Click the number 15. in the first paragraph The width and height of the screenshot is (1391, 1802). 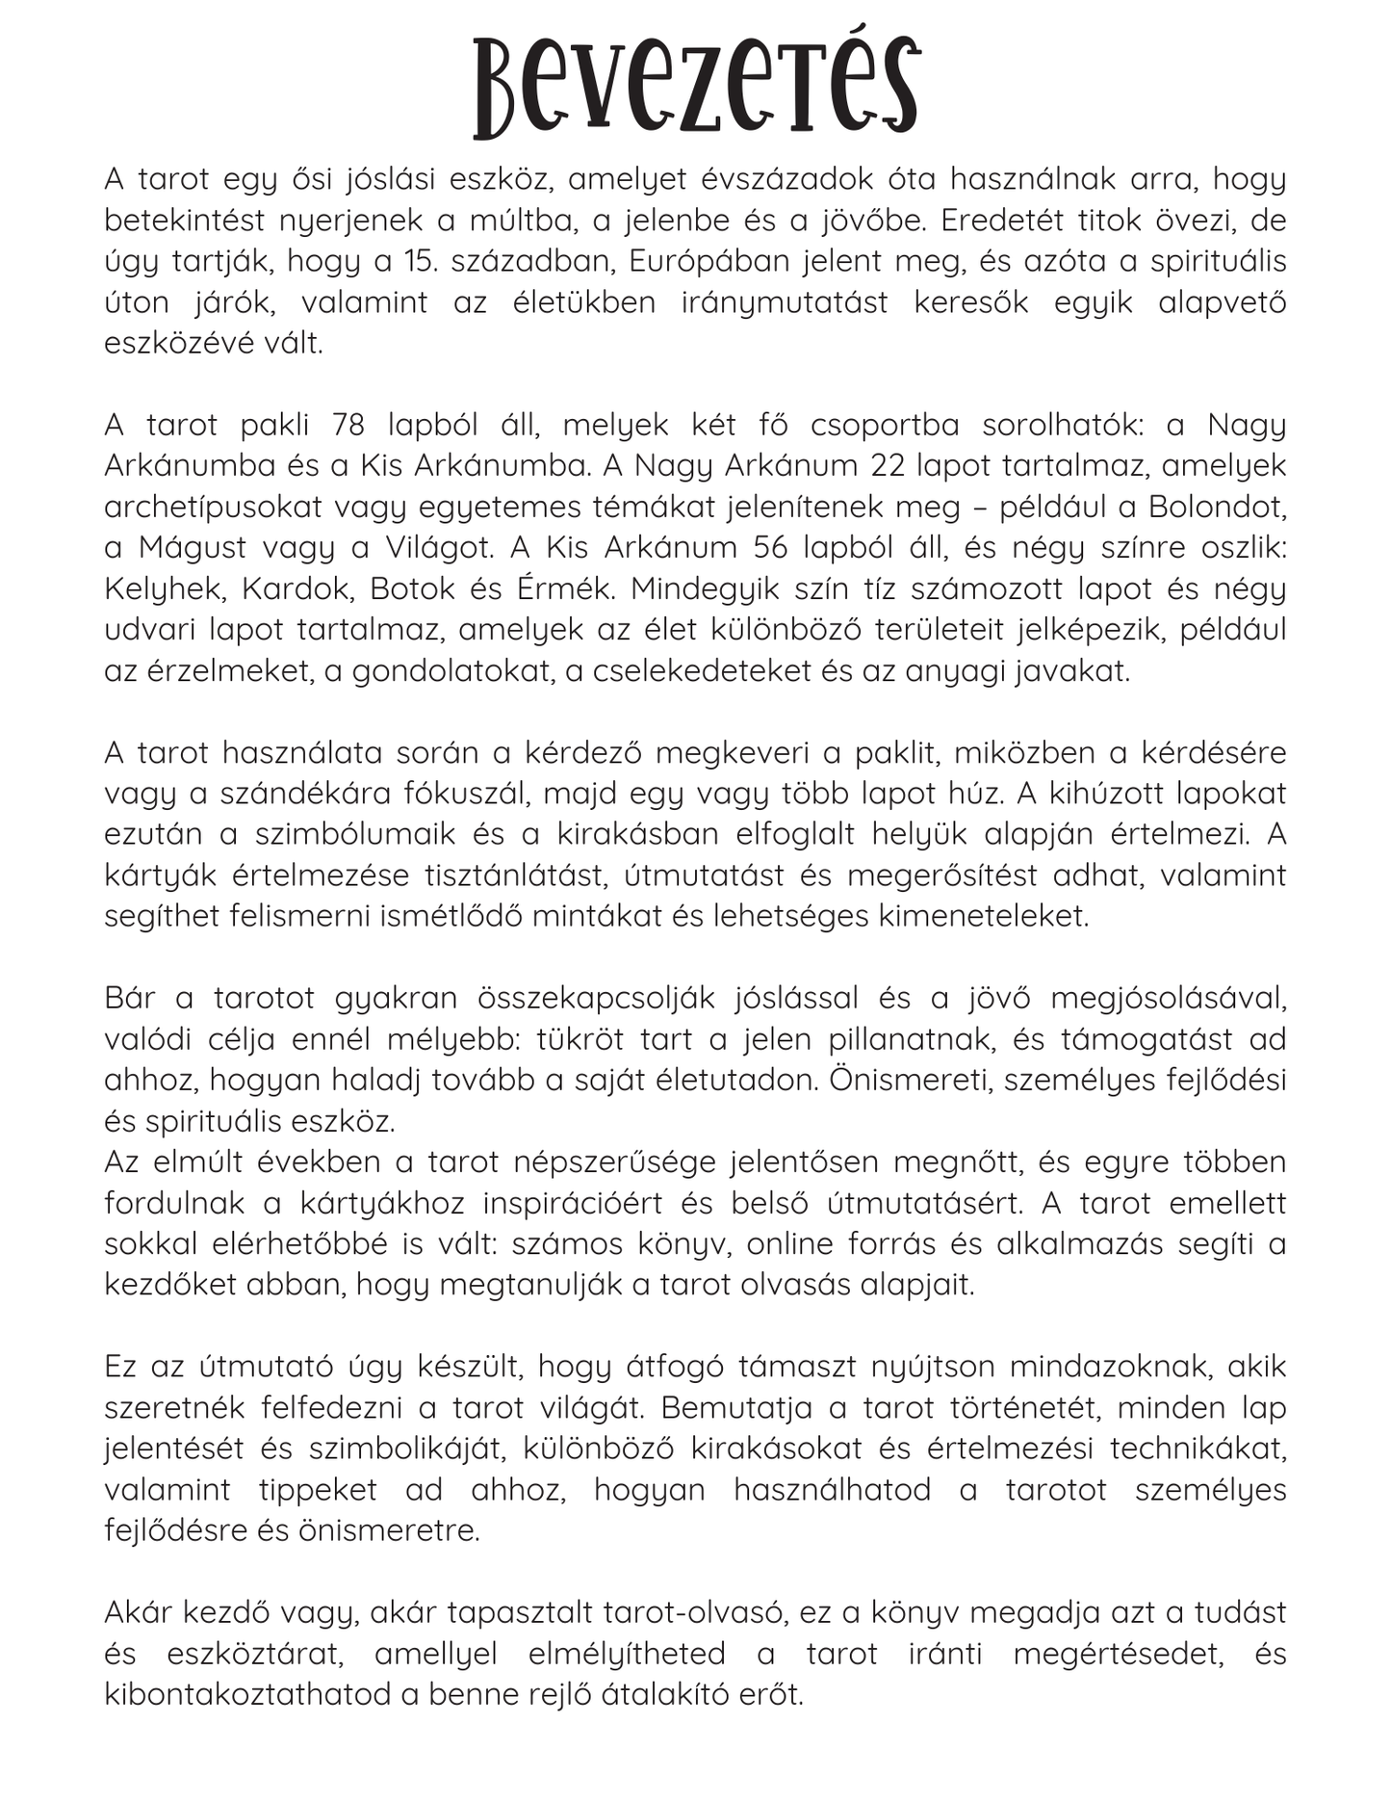(417, 261)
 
